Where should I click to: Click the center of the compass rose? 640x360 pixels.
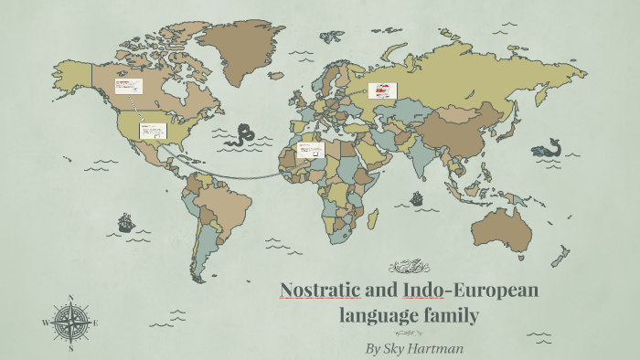click(69, 323)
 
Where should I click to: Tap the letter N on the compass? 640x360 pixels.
click(70, 298)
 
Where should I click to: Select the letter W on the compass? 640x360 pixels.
click(44, 323)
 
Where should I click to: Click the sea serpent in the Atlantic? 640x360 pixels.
click(243, 135)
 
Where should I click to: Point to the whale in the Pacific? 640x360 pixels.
click(548, 147)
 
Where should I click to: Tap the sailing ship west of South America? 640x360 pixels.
click(125, 222)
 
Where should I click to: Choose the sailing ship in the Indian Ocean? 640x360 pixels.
click(417, 197)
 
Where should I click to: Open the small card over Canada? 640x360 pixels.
click(128, 87)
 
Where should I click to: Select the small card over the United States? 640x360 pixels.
click(153, 131)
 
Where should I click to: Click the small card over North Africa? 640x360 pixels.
click(310, 149)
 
